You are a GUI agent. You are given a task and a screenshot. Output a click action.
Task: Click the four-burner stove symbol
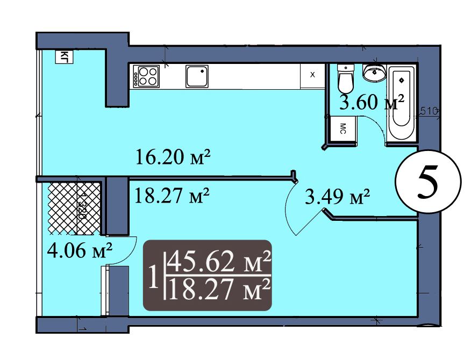point(146,76)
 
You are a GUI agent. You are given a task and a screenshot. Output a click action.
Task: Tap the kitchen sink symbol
point(197,76)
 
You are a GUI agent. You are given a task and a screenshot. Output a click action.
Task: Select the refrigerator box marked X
point(312,76)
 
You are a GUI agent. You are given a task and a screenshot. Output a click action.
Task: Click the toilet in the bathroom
point(346,78)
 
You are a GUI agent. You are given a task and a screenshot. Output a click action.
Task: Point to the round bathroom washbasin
point(374,72)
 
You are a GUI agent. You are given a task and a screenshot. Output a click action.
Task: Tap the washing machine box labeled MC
point(342,128)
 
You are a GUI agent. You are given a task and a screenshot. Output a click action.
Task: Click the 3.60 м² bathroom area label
point(372,103)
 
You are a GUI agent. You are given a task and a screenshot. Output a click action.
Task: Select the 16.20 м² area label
point(173,157)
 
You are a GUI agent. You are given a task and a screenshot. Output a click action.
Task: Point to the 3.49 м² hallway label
point(337,196)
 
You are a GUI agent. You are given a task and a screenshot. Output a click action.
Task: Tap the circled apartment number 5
point(427,182)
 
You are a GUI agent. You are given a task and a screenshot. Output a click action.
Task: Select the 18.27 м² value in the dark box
point(219,290)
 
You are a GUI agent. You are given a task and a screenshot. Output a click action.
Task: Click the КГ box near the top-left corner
point(65,57)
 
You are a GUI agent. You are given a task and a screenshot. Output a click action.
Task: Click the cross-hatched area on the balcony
point(74,208)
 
